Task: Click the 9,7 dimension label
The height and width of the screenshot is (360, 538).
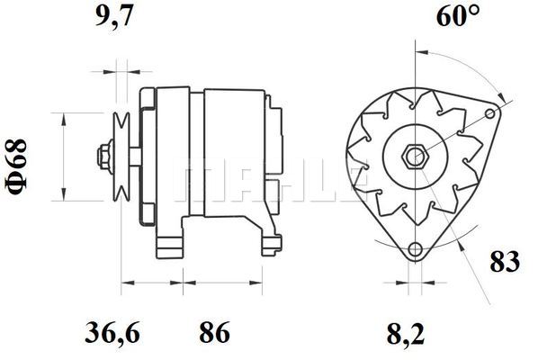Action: point(113,15)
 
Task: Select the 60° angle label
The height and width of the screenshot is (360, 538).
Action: point(458,15)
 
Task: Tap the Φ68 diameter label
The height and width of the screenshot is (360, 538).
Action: point(16,166)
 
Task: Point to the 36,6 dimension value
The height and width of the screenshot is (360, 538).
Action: point(112,332)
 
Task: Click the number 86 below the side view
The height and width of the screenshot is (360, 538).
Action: point(214,332)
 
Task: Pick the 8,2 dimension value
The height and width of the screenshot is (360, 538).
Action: point(406,335)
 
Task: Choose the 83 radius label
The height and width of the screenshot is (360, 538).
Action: point(505,262)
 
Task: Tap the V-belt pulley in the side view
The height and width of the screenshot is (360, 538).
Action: point(121,157)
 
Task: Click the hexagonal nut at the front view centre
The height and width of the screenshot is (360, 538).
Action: point(415,157)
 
